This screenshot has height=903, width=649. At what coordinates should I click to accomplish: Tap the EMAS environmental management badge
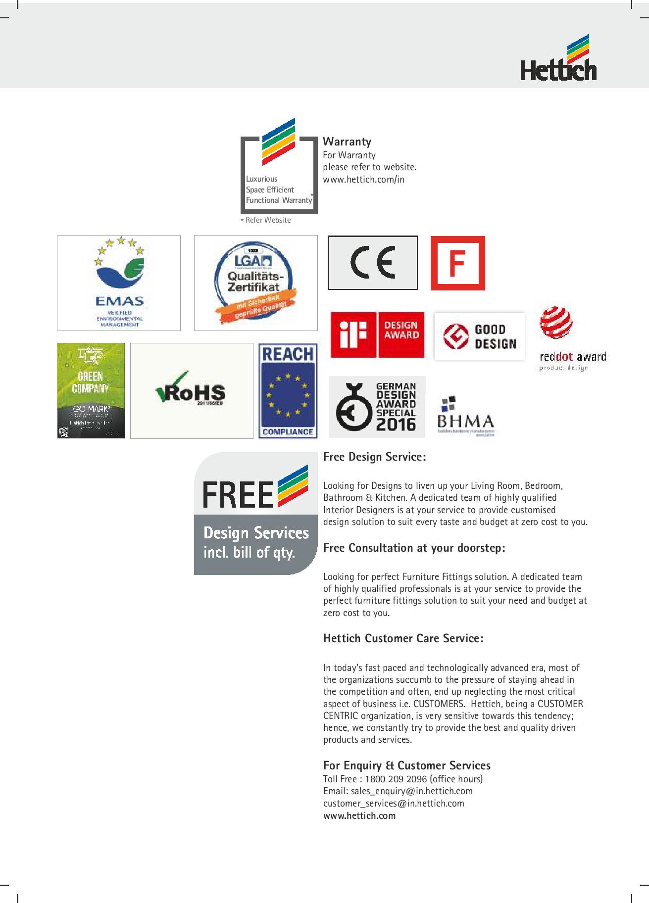click(x=119, y=283)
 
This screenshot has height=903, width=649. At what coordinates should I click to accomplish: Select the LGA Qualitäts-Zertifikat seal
click(x=255, y=283)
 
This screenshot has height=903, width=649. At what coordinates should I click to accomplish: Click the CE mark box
click(x=372, y=263)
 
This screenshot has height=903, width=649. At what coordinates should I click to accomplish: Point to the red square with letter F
click(x=457, y=263)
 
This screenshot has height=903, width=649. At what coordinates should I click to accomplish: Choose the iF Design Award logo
click(x=377, y=334)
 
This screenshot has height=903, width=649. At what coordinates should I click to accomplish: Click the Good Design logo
click(x=479, y=336)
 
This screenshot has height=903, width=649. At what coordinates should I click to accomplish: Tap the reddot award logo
click(x=572, y=339)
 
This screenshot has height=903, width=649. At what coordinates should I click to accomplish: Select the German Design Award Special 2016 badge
click(x=377, y=407)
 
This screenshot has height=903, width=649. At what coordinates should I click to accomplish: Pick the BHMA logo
click(x=465, y=416)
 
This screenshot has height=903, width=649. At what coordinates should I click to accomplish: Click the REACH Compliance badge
click(x=288, y=390)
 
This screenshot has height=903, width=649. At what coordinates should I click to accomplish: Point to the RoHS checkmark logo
click(x=191, y=390)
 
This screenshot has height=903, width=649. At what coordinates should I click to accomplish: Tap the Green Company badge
click(x=91, y=390)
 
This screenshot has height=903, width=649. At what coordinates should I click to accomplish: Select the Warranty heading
click(x=347, y=142)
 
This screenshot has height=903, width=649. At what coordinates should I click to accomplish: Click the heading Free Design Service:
click(x=374, y=456)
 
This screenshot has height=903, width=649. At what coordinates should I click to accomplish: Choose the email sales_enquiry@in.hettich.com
click(x=409, y=791)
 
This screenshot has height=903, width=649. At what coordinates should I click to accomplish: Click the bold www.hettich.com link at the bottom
click(x=359, y=815)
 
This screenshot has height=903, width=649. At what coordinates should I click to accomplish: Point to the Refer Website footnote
click(x=267, y=220)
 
